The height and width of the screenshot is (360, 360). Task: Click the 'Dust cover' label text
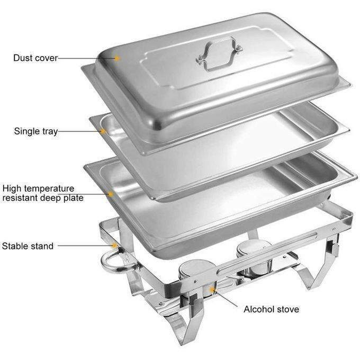[35, 58]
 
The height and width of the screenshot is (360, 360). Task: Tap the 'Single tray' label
[36, 131]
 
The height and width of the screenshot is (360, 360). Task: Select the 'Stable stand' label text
[28, 246]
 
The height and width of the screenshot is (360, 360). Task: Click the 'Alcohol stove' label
[272, 309]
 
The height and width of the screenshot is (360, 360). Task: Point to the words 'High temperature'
[38, 188]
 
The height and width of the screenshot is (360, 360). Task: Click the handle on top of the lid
[219, 54]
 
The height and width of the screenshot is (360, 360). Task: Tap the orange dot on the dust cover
[117, 58]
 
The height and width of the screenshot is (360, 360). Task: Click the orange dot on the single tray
[103, 131]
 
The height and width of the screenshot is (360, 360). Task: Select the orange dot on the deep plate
[111, 194]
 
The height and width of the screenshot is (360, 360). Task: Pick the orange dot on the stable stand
[114, 246]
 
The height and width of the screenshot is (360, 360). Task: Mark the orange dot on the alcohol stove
[212, 290]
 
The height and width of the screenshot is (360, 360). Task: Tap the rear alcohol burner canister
[255, 257]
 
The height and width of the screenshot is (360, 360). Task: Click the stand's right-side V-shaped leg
[317, 268]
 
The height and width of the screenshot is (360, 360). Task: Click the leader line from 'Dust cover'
[86, 58]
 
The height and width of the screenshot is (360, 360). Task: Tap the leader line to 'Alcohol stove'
[226, 299]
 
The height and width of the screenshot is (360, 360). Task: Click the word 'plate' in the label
[74, 198]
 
